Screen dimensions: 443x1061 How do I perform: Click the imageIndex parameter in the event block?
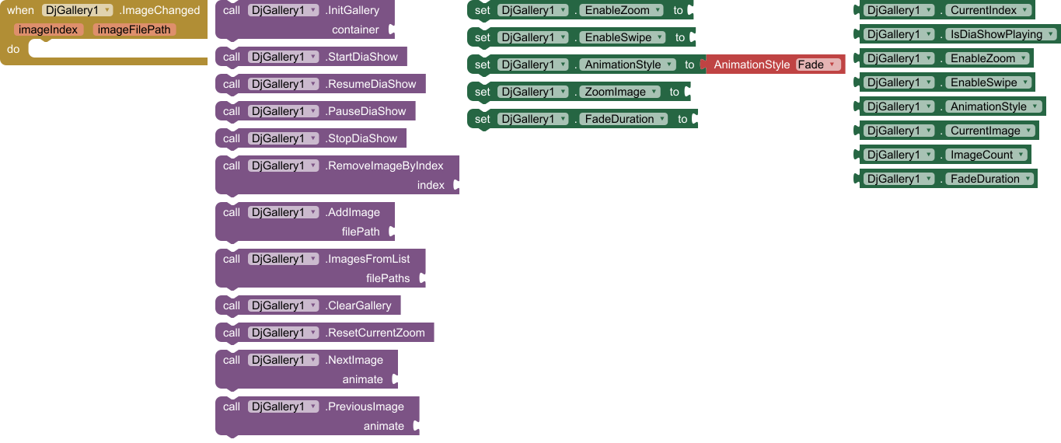pos(48,30)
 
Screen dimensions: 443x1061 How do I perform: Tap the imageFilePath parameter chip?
pos(134,30)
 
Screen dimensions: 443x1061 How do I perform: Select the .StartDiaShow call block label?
pos(361,57)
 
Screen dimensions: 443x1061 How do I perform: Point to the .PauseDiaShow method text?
pos(365,111)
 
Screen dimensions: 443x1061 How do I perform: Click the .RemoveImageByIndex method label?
pos(385,166)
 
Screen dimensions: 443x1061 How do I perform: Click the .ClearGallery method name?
pos(359,305)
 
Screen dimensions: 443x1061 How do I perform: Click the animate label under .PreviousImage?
pos(384,426)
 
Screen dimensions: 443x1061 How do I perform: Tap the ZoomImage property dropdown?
pos(619,92)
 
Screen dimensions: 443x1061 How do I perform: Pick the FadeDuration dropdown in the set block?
pos(623,119)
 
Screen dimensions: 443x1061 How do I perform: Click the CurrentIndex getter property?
pos(989,10)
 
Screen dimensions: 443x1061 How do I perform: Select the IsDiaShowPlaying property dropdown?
pos(1001,34)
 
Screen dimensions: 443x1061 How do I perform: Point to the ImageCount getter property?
pos(987,155)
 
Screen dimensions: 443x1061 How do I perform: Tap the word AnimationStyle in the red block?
pos(751,65)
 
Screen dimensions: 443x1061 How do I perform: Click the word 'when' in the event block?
pos(20,10)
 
